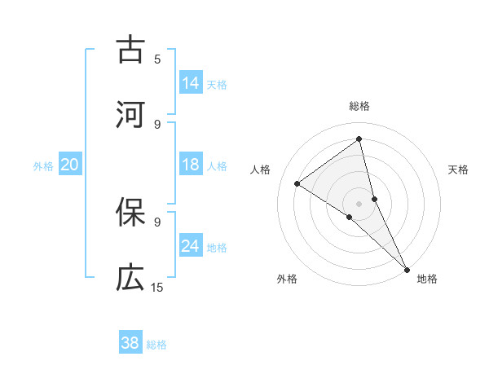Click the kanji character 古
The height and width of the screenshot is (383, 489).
click(x=130, y=50)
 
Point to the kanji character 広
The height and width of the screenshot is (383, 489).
click(x=130, y=278)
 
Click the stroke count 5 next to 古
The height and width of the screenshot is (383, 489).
click(x=157, y=59)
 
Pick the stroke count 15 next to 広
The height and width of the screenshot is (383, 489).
click(x=157, y=287)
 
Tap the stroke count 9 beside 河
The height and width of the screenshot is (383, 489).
click(x=157, y=124)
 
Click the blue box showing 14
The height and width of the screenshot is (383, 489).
click(x=191, y=83)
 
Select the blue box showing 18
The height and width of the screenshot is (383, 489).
click(x=191, y=165)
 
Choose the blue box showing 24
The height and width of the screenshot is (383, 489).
click(x=191, y=246)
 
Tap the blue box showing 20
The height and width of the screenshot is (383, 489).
click(x=69, y=165)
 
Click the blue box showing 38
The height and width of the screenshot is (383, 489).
click(x=130, y=343)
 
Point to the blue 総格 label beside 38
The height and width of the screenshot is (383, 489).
click(x=156, y=345)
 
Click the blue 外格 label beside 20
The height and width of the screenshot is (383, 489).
click(x=43, y=166)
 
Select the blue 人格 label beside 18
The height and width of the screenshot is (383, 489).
click(x=217, y=166)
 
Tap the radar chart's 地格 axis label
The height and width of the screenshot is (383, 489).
click(x=427, y=279)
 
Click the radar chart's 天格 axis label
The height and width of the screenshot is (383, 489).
click(x=458, y=169)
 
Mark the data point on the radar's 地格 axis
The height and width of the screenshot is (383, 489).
click(x=406, y=269)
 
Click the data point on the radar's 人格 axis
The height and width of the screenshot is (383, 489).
click(x=297, y=183)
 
